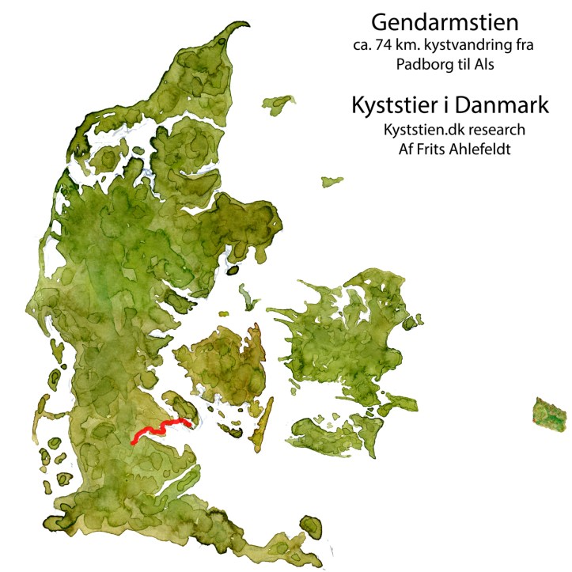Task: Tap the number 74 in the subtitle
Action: click(x=376, y=46)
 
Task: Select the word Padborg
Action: click(x=421, y=65)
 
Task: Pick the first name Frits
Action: click(x=411, y=149)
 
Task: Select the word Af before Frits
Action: click(x=385, y=149)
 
